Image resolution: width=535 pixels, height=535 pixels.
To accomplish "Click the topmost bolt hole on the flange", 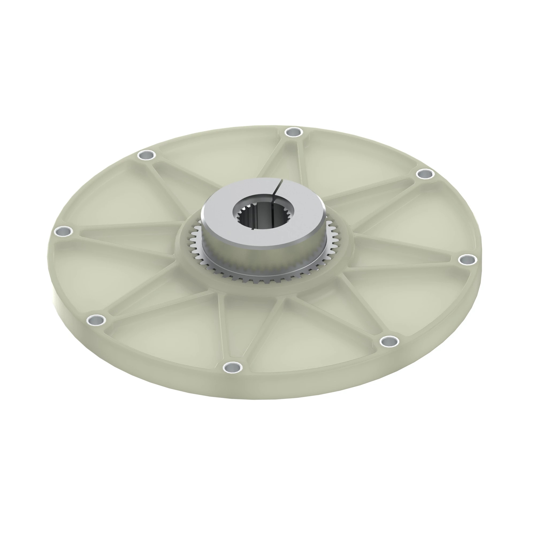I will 294,132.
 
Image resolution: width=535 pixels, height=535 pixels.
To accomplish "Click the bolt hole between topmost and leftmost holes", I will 147,155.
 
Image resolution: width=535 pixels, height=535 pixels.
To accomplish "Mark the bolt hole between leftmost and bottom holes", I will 96,320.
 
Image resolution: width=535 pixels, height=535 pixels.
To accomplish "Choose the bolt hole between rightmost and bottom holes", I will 389,341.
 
